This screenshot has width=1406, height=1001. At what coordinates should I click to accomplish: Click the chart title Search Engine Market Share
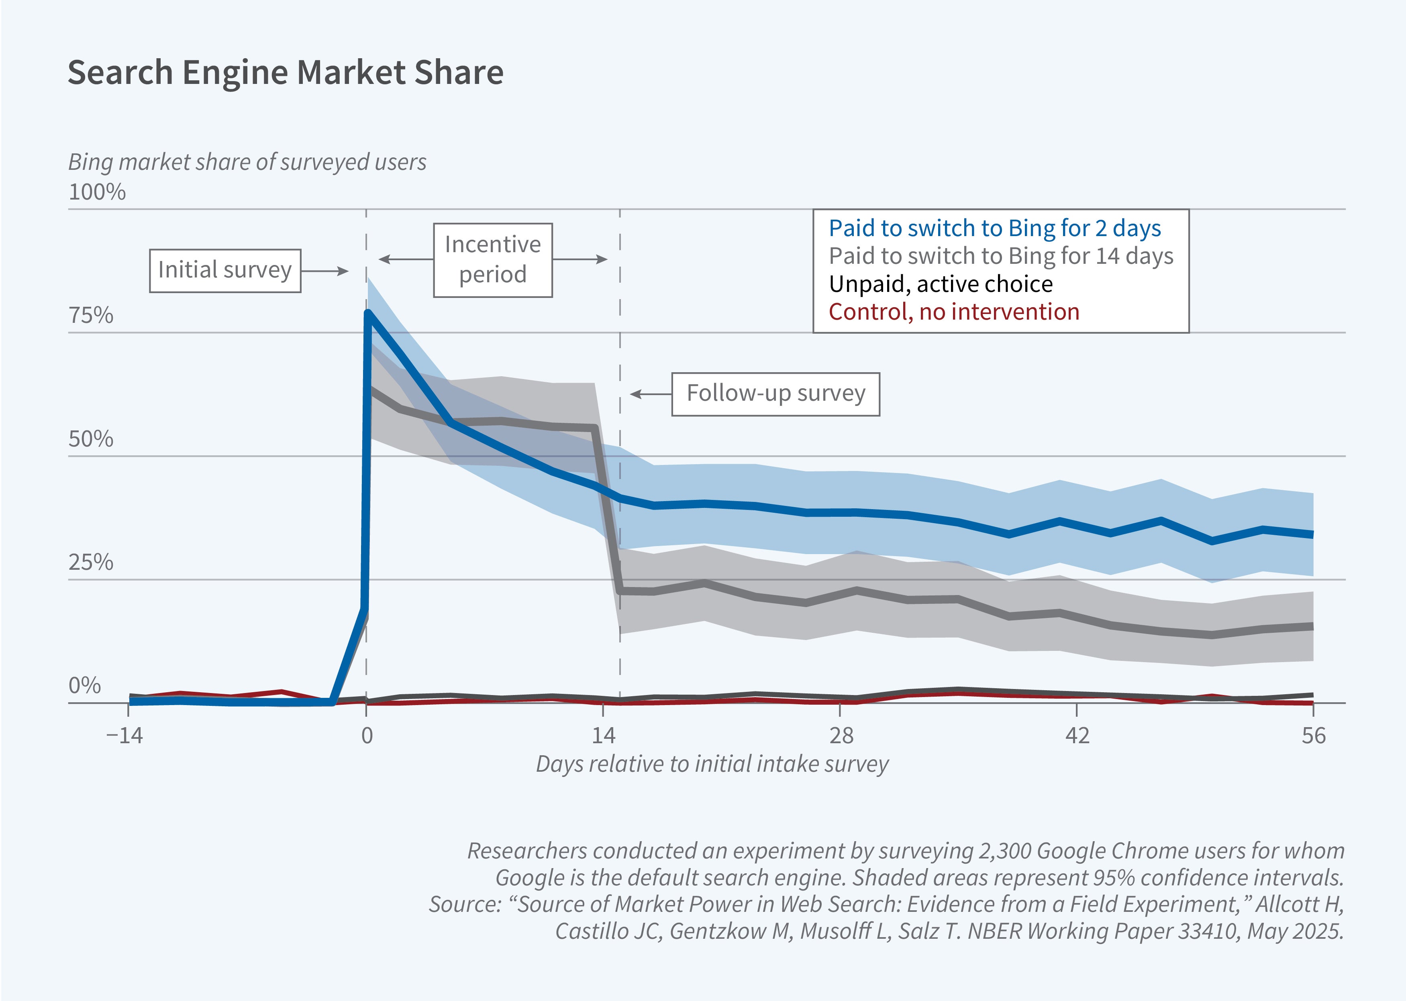pos(286,72)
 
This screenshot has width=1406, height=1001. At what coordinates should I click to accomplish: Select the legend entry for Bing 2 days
pos(994,228)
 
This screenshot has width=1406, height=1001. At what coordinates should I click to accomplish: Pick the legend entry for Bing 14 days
pos(1000,256)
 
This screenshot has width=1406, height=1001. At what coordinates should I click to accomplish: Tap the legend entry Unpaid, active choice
pos(941,284)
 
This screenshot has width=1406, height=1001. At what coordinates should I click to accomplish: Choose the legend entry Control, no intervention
pos(953,312)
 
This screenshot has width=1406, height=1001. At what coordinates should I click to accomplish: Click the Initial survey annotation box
pos(225,270)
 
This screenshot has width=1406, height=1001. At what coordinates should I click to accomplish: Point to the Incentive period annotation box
pos(492,259)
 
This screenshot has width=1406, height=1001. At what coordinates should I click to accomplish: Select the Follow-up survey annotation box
pos(775,393)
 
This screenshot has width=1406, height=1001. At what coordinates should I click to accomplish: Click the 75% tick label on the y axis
pos(91,316)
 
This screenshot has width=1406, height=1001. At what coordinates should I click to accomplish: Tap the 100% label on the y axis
pos(97,192)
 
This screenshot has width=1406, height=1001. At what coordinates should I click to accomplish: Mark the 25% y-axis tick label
pos(91,562)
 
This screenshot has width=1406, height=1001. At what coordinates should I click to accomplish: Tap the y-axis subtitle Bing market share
pos(247,162)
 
